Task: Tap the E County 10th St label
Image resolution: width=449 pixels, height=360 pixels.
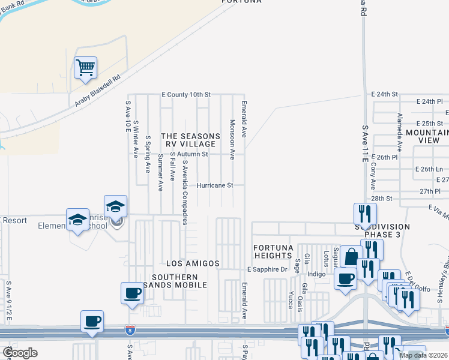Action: pyautogui.click(x=186, y=95)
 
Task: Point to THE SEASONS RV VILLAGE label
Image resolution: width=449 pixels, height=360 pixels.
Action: pyautogui.click(x=188, y=140)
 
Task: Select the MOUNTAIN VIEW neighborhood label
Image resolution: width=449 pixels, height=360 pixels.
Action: pyautogui.click(x=427, y=136)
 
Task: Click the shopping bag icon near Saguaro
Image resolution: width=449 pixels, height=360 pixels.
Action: pyautogui.click(x=352, y=257)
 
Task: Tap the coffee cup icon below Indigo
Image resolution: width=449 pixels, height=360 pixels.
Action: pyautogui.click(x=345, y=278)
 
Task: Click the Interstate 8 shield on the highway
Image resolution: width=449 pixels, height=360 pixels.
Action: pyautogui.click(x=130, y=329)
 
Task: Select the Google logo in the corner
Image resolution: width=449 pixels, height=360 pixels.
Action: pyautogui.click(x=19, y=353)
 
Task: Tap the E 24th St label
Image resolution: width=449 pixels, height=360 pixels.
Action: pyautogui.click(x=385, y=95)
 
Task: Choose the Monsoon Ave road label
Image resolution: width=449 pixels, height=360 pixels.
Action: pyautogui.click(x=232, y=139)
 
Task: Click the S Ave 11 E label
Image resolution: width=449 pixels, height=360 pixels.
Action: pyautogui.click(x=364, y=144)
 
